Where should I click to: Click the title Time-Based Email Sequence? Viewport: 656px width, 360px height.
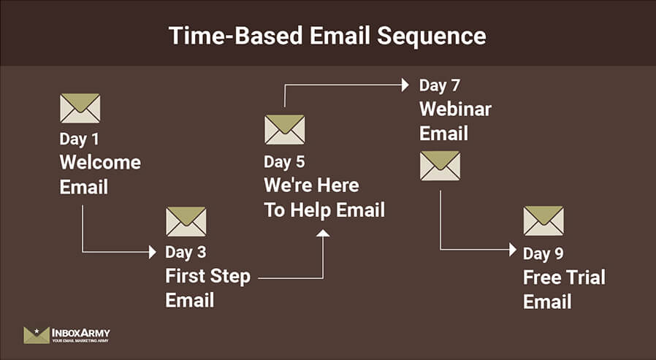click(327, 35)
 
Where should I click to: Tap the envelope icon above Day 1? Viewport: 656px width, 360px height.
click(80, 108)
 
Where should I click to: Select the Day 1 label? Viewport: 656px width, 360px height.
click(79, 138)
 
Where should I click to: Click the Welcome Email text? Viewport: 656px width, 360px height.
click(100, 174)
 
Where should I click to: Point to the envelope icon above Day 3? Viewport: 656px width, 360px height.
click(186, 221)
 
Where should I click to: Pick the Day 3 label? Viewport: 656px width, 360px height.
click(186, 253)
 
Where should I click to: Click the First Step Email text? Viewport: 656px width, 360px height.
click(207, 288)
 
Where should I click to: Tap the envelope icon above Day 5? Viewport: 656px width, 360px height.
click(284, 129)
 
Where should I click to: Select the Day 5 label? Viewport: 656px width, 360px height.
click(284, 161)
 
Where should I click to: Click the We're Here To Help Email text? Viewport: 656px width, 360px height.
click(324, 198)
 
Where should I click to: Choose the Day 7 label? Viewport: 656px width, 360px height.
click(439, 85)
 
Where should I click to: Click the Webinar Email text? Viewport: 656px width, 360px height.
click(455, 121)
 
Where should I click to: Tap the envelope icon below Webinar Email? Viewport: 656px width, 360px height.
click(440, 166)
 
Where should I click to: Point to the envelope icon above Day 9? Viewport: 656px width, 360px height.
click(543, 221)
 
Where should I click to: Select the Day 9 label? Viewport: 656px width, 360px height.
click(543, 253)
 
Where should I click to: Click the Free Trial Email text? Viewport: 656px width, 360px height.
click(564, 289)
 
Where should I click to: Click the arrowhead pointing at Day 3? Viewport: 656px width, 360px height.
click(152, 252)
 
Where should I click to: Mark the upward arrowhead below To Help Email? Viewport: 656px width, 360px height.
click(322, 232)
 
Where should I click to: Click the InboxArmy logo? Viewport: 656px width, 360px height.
click(66, 335)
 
